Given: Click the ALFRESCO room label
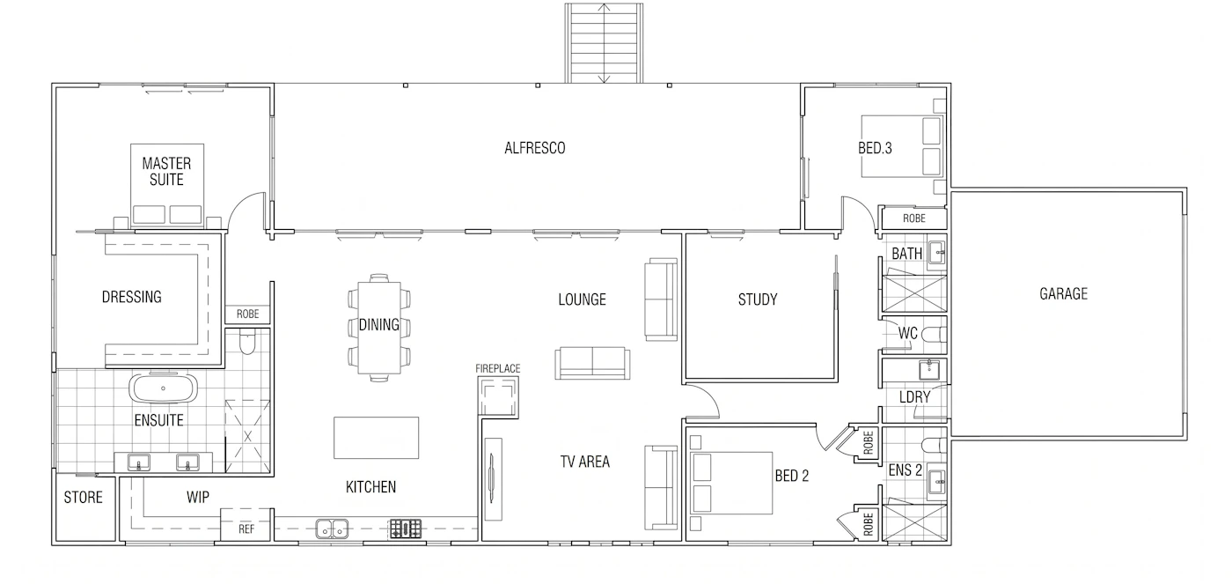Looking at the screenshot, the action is tap(535, 148).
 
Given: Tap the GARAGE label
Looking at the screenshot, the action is tap(1063, 294).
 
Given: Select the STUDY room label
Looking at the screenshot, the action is tap(758, 299).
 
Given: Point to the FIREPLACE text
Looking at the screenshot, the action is tap(498, 368).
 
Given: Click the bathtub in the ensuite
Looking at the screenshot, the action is tap(163, 388).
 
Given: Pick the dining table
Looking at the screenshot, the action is tap(379, 328).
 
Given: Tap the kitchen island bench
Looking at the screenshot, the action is tap(377, 438).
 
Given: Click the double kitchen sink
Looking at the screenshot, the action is tap(333, 529).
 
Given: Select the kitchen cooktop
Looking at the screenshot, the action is tap(406, 529).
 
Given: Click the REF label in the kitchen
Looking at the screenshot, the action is tap(246, 529).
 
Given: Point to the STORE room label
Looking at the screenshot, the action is tap(83, 498).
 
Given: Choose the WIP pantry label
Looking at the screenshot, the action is tap(197, 498).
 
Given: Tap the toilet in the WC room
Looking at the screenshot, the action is tap(934, 334).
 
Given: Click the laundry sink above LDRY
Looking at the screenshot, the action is tap(929, 370).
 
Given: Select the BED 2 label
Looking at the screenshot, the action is tap(791, 476).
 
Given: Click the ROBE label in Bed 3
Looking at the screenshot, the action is tap(914, 218).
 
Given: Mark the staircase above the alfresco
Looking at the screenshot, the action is tap(604, 43).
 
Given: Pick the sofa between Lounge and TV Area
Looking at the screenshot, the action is tap(592, 363).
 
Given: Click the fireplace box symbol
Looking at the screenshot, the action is tap(498, 396).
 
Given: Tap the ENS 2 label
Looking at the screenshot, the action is tap(906, 470).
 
